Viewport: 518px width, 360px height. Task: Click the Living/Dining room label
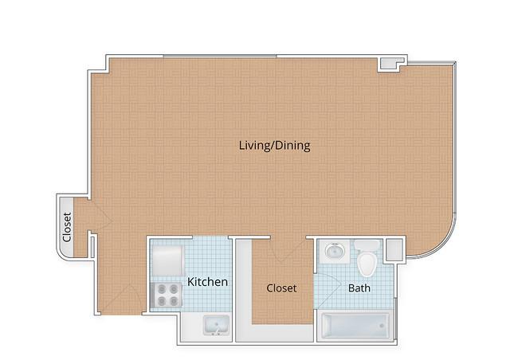[274, 146]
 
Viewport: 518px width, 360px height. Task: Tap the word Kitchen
[207, 282]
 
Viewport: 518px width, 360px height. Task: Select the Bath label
[359, 288]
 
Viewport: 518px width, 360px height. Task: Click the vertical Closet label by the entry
[67, 227]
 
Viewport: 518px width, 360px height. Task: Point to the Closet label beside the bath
[281, 288]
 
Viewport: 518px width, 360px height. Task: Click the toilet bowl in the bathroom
[367, 264]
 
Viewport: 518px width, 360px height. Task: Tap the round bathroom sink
[335, 251]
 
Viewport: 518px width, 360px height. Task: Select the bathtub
[355, 326]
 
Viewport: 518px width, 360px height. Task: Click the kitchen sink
[217, 325]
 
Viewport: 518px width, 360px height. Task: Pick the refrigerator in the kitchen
[167, 261]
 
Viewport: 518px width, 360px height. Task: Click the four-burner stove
[167, 295]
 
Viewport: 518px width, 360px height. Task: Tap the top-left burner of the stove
[162, 289]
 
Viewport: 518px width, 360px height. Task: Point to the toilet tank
[367, 245]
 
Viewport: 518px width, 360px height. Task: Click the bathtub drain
[382, 326]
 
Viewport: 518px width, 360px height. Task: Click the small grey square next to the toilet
[394, 249]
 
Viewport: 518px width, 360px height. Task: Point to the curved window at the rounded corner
[442, 245]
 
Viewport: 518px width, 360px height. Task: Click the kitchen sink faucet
[217, 331]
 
